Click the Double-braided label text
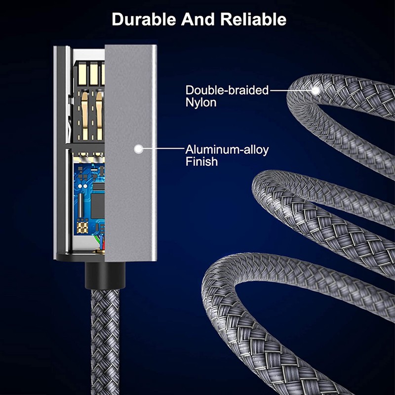click(227, 90)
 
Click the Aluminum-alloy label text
click(227, 150)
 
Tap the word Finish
click(201, 161)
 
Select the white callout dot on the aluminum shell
click(139, 148)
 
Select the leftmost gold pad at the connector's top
click(81, 74)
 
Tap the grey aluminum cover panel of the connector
click(131, 197)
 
